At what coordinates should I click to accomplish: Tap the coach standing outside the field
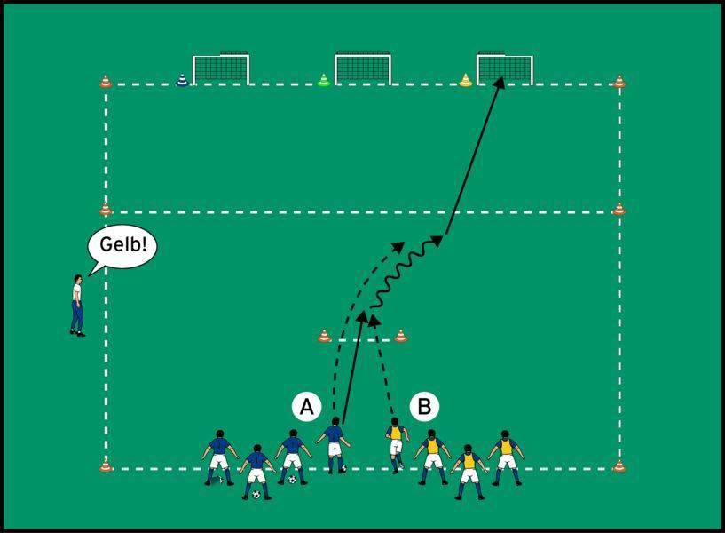(x=78, y=306)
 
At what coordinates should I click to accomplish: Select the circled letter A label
(x=306, y=407)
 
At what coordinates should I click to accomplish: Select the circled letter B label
(x=424, y=407)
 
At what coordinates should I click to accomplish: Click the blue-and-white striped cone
(x=182, y=80)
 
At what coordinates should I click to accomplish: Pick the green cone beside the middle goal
(x=324, y=80)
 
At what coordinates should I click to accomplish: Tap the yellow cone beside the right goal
(x=466, y=80)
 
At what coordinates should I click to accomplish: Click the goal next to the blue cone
(x=221, y=68)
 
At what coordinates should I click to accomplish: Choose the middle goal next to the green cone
(x=363, y=68)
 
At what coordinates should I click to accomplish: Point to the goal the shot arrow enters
(x=505, y=68)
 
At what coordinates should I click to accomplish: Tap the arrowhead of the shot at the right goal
(x=499, y=83)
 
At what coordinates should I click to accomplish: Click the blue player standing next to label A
(x=334, y=445)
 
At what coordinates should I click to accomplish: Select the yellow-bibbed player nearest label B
(x=397, y=445)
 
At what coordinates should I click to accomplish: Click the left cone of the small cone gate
(x=325, y=336)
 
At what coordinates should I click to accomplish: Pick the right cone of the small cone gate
(x=401, y=336)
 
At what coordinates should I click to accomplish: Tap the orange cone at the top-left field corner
(x=106, y=82)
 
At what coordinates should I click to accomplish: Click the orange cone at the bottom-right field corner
(x=619, y=465)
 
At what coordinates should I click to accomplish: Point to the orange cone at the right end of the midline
(x=619, y=209)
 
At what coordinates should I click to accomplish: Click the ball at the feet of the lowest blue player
(x=256, y=495)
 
